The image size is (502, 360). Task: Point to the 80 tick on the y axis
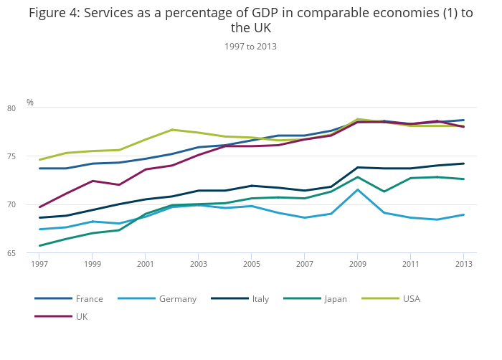point(32,108)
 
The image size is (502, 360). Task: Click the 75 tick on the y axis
point(32,156)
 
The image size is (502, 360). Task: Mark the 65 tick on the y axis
point(32,252)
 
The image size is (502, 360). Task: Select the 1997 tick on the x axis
point(39,264)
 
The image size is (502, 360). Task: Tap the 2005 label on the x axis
point(252,264)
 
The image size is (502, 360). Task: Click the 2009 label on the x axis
point(358,264)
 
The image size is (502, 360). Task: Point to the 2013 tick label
point(463,264)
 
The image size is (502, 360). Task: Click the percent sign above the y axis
point(30,103)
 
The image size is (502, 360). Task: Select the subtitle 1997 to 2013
point(250,46)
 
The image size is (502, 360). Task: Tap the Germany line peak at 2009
point(358,189)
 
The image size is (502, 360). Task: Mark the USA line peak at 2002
point(172,130)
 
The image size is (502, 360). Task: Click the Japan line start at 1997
point(39,246)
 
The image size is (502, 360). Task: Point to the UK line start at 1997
point(39,207)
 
